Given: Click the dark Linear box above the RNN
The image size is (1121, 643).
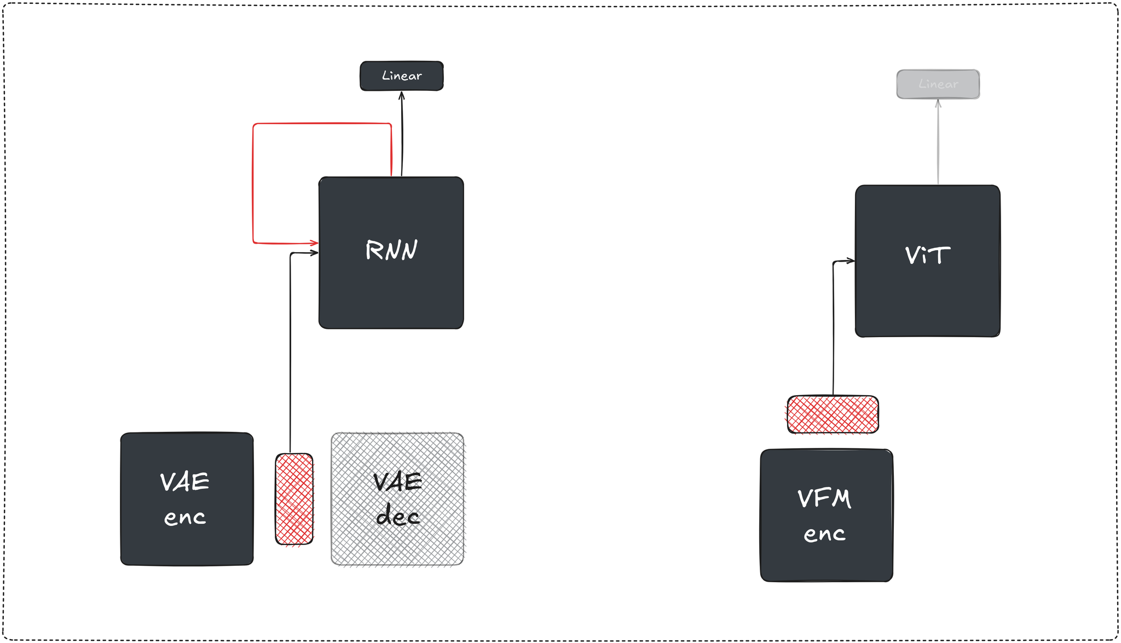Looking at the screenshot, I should click(401, 76).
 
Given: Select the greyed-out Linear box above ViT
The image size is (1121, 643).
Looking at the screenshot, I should click(938, 84).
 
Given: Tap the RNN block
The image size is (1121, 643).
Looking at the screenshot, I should click(391, 285).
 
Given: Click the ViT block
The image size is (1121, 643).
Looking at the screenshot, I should click(927, 296).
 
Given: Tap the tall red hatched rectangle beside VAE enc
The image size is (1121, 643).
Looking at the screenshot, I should click(294, 499).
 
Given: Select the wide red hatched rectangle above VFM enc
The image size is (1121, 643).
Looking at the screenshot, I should click(833, 414).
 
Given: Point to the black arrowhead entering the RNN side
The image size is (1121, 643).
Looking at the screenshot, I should click(315, 253).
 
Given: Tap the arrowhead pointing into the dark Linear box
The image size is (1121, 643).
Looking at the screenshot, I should click(401, 95).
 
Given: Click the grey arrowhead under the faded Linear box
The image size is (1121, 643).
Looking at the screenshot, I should click(938, 103).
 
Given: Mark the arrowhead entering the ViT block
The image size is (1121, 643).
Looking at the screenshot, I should click(851, 261).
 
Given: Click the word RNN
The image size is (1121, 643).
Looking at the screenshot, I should click(391, 250).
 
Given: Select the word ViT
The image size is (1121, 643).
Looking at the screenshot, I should click(927, 256).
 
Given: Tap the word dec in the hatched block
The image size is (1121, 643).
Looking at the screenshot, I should click(397, 515).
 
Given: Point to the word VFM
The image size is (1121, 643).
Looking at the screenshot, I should click(824, 499).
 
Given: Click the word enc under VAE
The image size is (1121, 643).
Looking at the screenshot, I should click(185, 517).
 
